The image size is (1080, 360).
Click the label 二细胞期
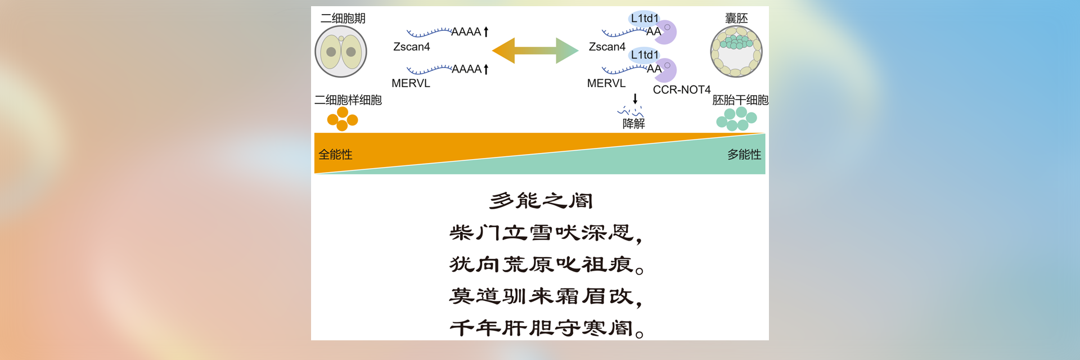point(343,19)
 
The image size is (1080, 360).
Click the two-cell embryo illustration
point(341,52)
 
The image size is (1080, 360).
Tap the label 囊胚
point(736,19)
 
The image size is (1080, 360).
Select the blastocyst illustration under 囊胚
point(736,52)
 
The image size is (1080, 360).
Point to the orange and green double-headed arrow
point(535,51)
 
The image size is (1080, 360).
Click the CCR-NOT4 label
point(681,90)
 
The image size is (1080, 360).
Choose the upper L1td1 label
point(644,19)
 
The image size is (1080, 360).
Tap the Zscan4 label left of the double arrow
point(411,47)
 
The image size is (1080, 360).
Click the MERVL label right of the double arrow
point(606,83)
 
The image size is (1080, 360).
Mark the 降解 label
point(633,124)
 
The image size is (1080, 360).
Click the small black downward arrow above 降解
point(635,99)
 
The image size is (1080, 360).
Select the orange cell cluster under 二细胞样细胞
point(343,119)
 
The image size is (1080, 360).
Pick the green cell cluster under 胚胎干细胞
point(736,119)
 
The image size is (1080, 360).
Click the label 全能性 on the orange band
point(335,155)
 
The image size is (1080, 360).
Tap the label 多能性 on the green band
point(744,155)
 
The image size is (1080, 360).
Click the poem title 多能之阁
point(541,200)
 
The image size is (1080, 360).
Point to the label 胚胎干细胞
point(740,100)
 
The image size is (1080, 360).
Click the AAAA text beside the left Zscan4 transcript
point(466,32)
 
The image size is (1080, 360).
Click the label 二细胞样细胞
point(348,100)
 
